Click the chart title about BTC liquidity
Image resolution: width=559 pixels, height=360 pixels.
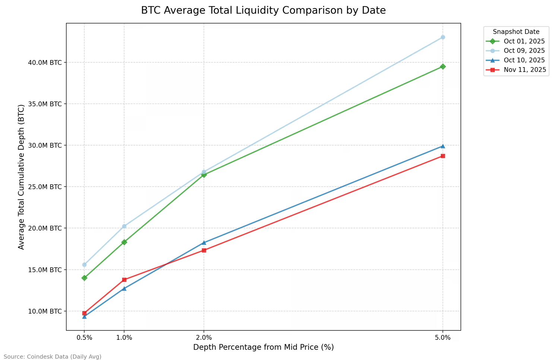[x=263, y=10]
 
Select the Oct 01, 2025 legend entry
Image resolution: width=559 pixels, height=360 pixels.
[x=524, y=41]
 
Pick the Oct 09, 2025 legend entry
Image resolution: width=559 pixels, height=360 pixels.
[x=524, y=51]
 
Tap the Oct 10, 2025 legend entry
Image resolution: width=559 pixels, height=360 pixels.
[x=524, y=60]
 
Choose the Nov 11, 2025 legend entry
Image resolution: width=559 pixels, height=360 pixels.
[x=525, y=70]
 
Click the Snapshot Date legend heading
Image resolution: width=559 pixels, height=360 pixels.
[x=516, y=32]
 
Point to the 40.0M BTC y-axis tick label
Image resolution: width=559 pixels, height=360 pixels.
[x=45, y=63]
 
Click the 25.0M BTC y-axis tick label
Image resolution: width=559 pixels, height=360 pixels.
[x=45, y=187]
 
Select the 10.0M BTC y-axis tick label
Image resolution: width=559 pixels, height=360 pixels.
[x=45, y=311]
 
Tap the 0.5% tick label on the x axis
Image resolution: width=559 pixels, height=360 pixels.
[x=84, y=338]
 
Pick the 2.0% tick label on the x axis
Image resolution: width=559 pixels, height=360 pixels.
[x=204, y=338]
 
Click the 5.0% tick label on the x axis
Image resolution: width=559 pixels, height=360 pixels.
[x=443, y=338]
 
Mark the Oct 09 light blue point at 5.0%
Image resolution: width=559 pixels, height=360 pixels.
[x=443, y=37]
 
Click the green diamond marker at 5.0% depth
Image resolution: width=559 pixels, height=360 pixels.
[x=443, y=67]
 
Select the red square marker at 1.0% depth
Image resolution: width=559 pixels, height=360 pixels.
[x=124, y=280]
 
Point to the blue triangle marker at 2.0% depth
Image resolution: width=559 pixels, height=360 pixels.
[x=204, y=243]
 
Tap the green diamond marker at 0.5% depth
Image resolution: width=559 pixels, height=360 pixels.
[x=84, y=278]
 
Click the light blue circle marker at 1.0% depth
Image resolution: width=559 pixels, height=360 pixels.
[x=124, y=226]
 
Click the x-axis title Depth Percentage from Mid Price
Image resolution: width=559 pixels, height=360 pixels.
[x=263, y=347]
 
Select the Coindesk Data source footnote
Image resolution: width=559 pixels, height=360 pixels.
[x=53, y=357]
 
